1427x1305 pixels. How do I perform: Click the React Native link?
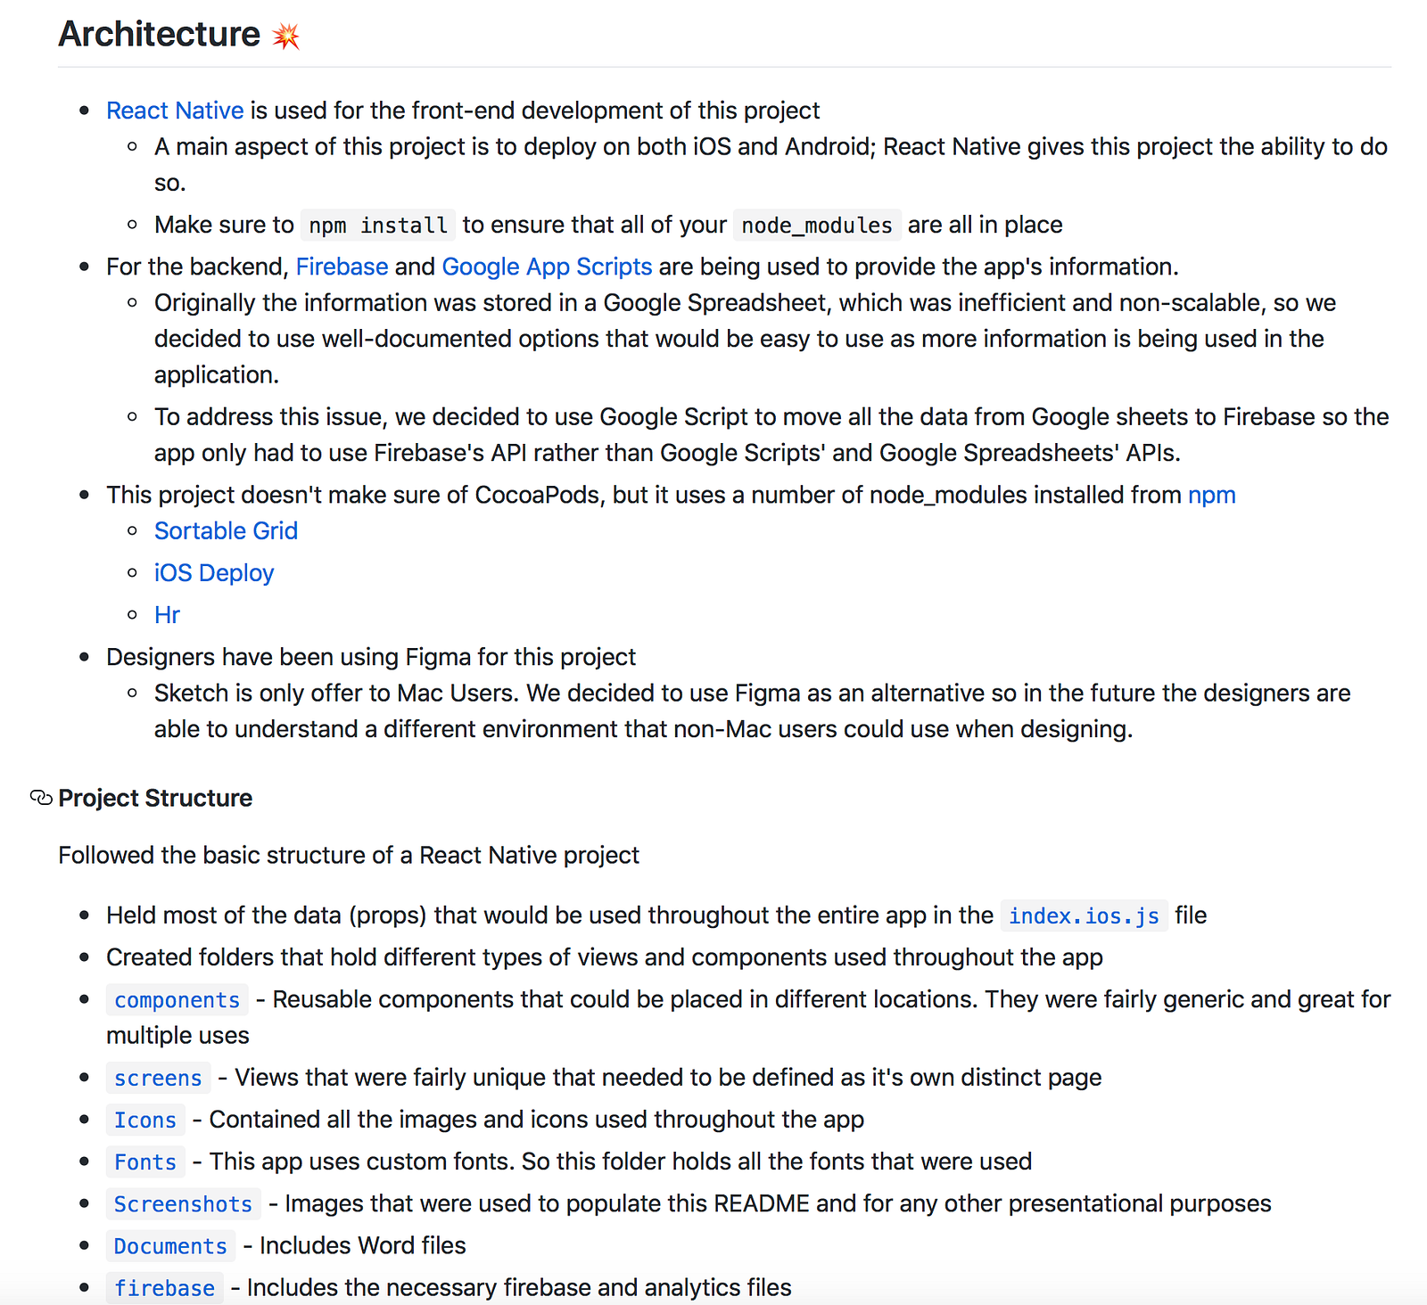175,111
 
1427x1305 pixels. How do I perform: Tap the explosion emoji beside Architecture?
286,36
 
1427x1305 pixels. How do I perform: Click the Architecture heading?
159,34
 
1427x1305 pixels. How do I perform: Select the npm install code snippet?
378,226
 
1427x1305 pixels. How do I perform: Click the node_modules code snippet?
816,226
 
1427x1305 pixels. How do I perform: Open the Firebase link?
342,267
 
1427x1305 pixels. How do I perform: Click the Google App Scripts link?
547,267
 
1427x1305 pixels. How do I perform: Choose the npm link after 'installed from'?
1211,495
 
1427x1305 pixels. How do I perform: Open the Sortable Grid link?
226,531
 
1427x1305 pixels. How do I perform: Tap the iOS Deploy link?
214,573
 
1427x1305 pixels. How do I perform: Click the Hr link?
167,615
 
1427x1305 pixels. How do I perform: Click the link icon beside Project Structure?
41,798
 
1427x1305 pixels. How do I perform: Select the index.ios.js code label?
1084,916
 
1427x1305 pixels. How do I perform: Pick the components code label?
177,1000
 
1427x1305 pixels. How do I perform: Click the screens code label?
158,1079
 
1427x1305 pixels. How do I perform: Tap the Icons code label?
145,1120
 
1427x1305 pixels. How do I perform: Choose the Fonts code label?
145,1162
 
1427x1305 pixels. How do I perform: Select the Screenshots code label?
183,1204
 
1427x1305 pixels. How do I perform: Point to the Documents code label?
170,1246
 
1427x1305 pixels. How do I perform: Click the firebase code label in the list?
164,1288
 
